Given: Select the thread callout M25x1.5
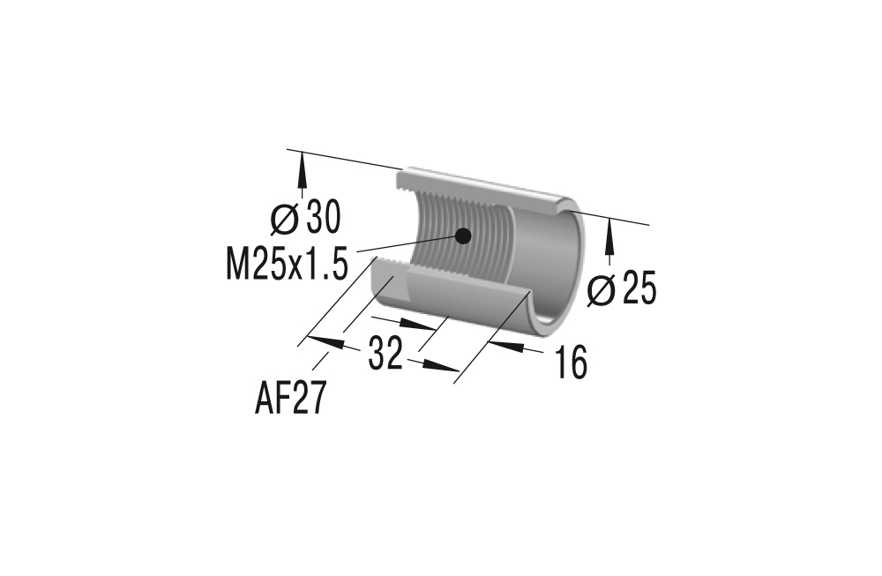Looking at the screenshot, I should click(x=287, y=264).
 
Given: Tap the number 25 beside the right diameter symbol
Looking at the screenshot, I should click(x=639, y=289).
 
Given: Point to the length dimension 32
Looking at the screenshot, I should click(x=385, y=355).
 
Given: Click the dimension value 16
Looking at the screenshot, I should click(x=572, y=363).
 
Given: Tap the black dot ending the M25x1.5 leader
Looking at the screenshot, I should click(x=461, y=235).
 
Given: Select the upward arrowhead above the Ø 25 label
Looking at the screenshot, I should click(x=609, y=232).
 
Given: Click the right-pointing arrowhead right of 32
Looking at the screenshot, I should click(x=445, y=369).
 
